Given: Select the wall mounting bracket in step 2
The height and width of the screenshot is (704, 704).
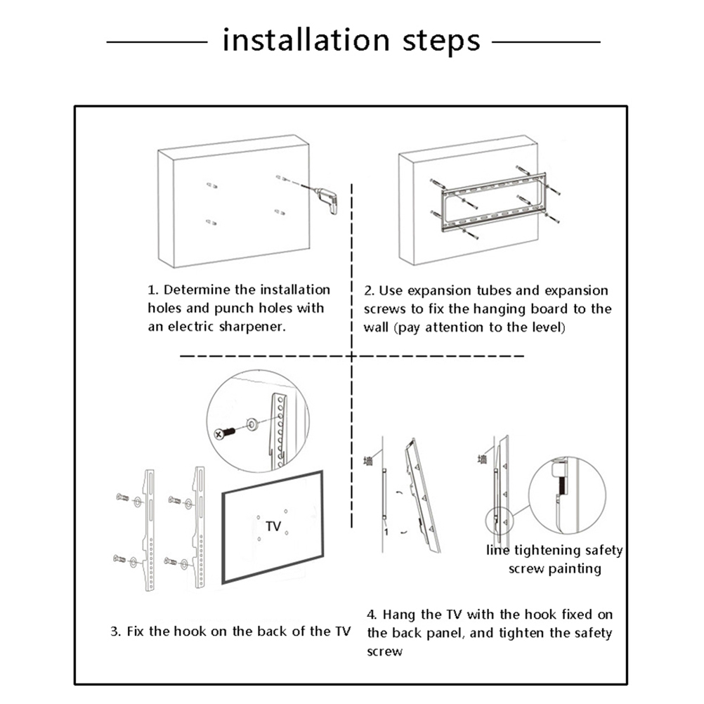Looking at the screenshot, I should click(492, 200).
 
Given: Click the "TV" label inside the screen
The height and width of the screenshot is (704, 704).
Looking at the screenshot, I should click(273, 526).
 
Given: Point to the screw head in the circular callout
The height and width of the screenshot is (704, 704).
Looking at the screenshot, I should click(221, 434).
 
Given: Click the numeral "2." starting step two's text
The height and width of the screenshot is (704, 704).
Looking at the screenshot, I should click(370, 290).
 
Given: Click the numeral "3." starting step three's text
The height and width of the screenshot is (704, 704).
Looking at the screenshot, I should click(115, 631).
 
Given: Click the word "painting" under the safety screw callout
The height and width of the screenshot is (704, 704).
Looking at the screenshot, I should click(575, 568).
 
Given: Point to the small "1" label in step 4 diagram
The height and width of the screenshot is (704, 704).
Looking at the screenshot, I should click(386, 530).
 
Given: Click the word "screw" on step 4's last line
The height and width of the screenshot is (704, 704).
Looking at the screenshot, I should click(385, 651).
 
